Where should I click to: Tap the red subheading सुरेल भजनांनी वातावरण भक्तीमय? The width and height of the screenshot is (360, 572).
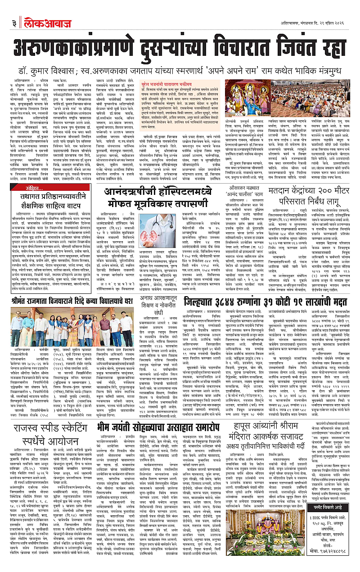pyautogui.click(x=171, y=84)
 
